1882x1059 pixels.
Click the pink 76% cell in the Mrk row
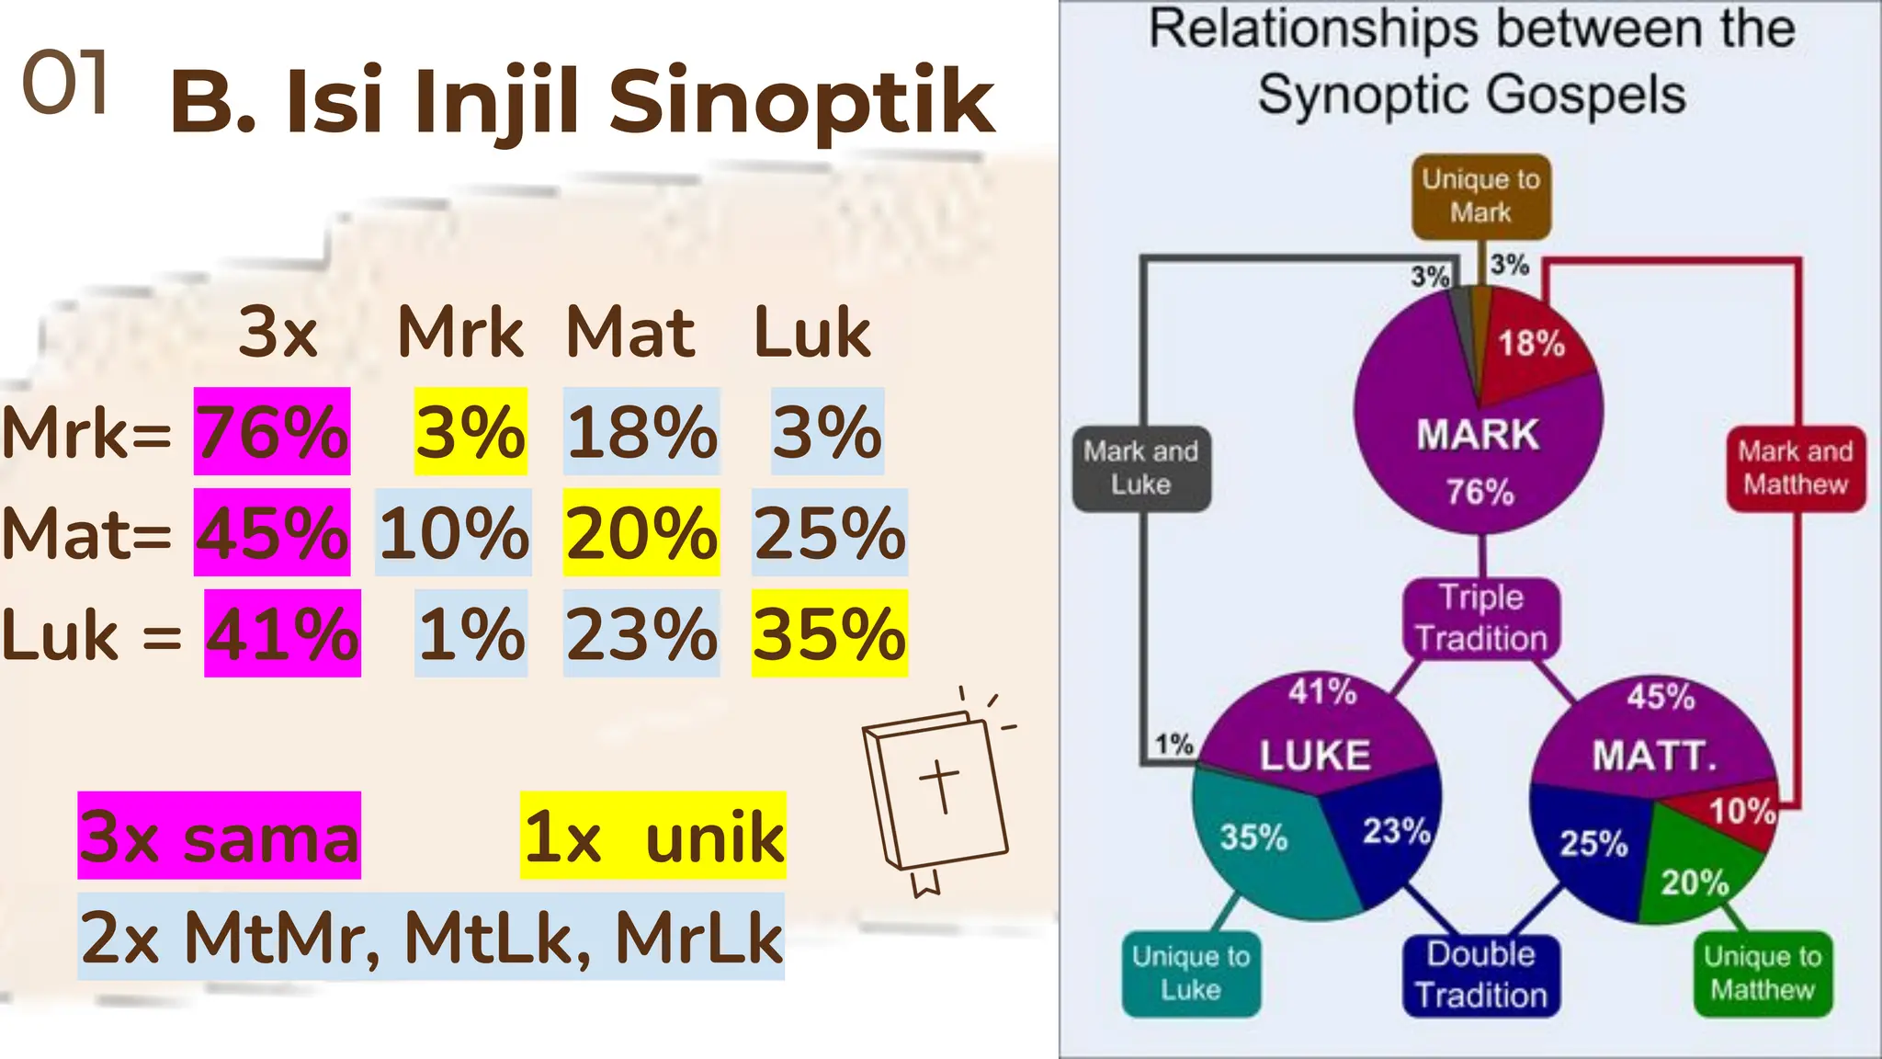[x=272, y=431]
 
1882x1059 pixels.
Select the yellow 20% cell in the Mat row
[x=641, y=532]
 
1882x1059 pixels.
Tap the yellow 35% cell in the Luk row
[x=829, y=633]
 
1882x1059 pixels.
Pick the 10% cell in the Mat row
[x=454, y=532]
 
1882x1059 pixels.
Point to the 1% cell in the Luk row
[x=470, y=633]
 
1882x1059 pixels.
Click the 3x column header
[x=278, y=332]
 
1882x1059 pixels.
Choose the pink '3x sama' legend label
[x=220, y=836]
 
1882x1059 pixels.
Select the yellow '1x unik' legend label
[x=652, y=836]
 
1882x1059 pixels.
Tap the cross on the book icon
[x=940, y=786]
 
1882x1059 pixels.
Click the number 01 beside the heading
[x=64, y=84]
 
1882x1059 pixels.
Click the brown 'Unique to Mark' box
[x=1480, y=196]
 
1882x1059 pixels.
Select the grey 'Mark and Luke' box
[x=1140, y=468]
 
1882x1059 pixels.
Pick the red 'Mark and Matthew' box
[x=1795, y=468]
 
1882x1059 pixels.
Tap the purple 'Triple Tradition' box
[x=1481, y=618]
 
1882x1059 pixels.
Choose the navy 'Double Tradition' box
[x=1480, y=975]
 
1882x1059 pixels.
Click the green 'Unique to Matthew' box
[x=1762, y=974]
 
